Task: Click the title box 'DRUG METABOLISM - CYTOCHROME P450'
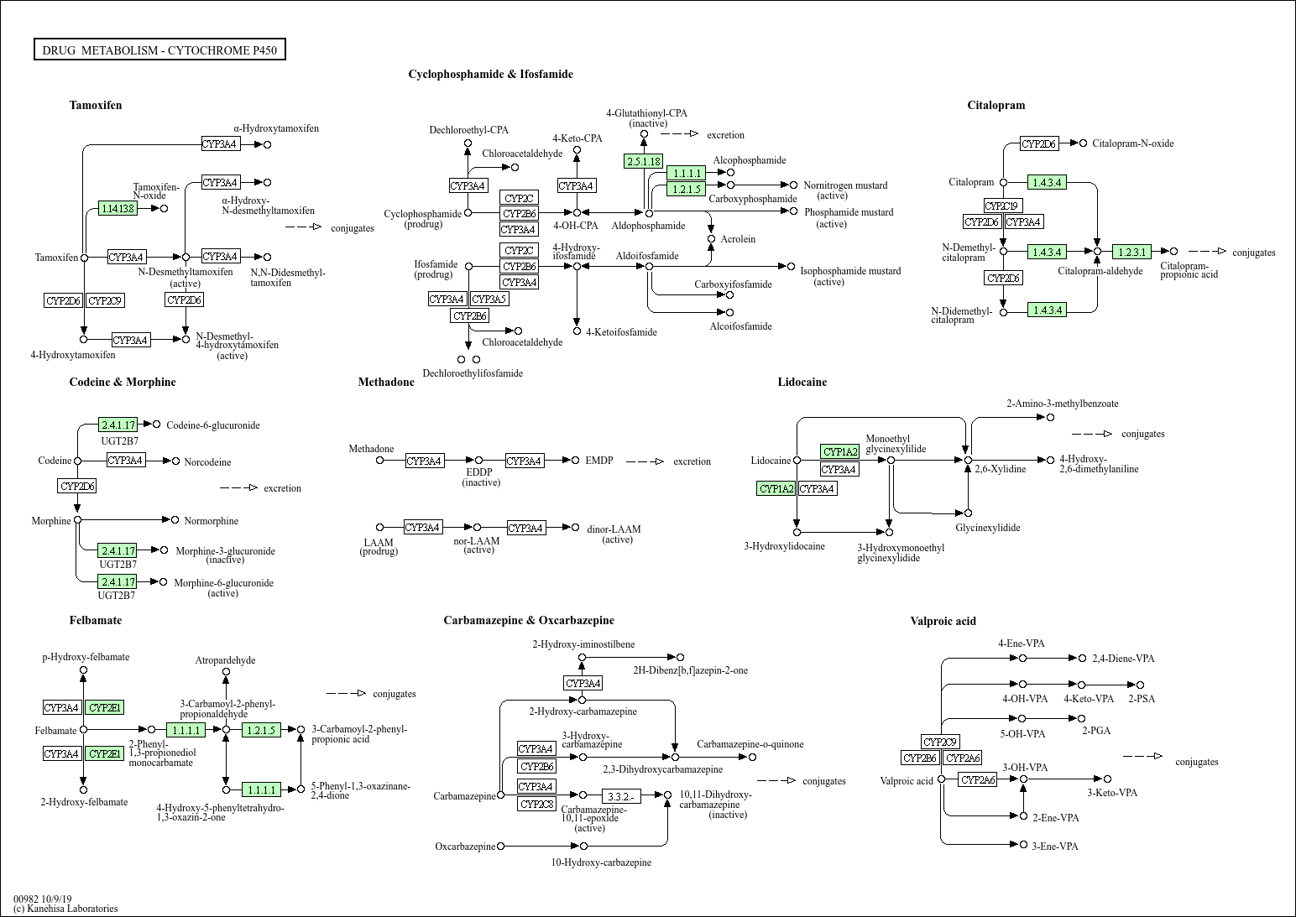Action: [159, 50]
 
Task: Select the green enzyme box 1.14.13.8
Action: [118, 208]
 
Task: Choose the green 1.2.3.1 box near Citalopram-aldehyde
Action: [1131, 252]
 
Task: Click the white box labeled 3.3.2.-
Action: [621, 795]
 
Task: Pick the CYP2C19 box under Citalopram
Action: [1003, 206]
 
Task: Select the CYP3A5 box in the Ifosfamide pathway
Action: [489, 299]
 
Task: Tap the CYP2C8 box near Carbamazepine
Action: [537, 804]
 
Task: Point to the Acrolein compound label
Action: [738, 239]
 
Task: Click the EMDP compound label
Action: [599, 461]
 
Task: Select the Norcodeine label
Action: [207, 462]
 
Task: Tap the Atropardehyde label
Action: [225, 660]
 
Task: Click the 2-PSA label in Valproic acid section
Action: [1142, 699]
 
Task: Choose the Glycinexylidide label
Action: [988, 528]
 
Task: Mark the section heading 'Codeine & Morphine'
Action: [123, 382]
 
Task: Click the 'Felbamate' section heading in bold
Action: [96, 620]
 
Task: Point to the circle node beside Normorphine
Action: [175, 520]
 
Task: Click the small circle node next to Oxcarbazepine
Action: [501, 846]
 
